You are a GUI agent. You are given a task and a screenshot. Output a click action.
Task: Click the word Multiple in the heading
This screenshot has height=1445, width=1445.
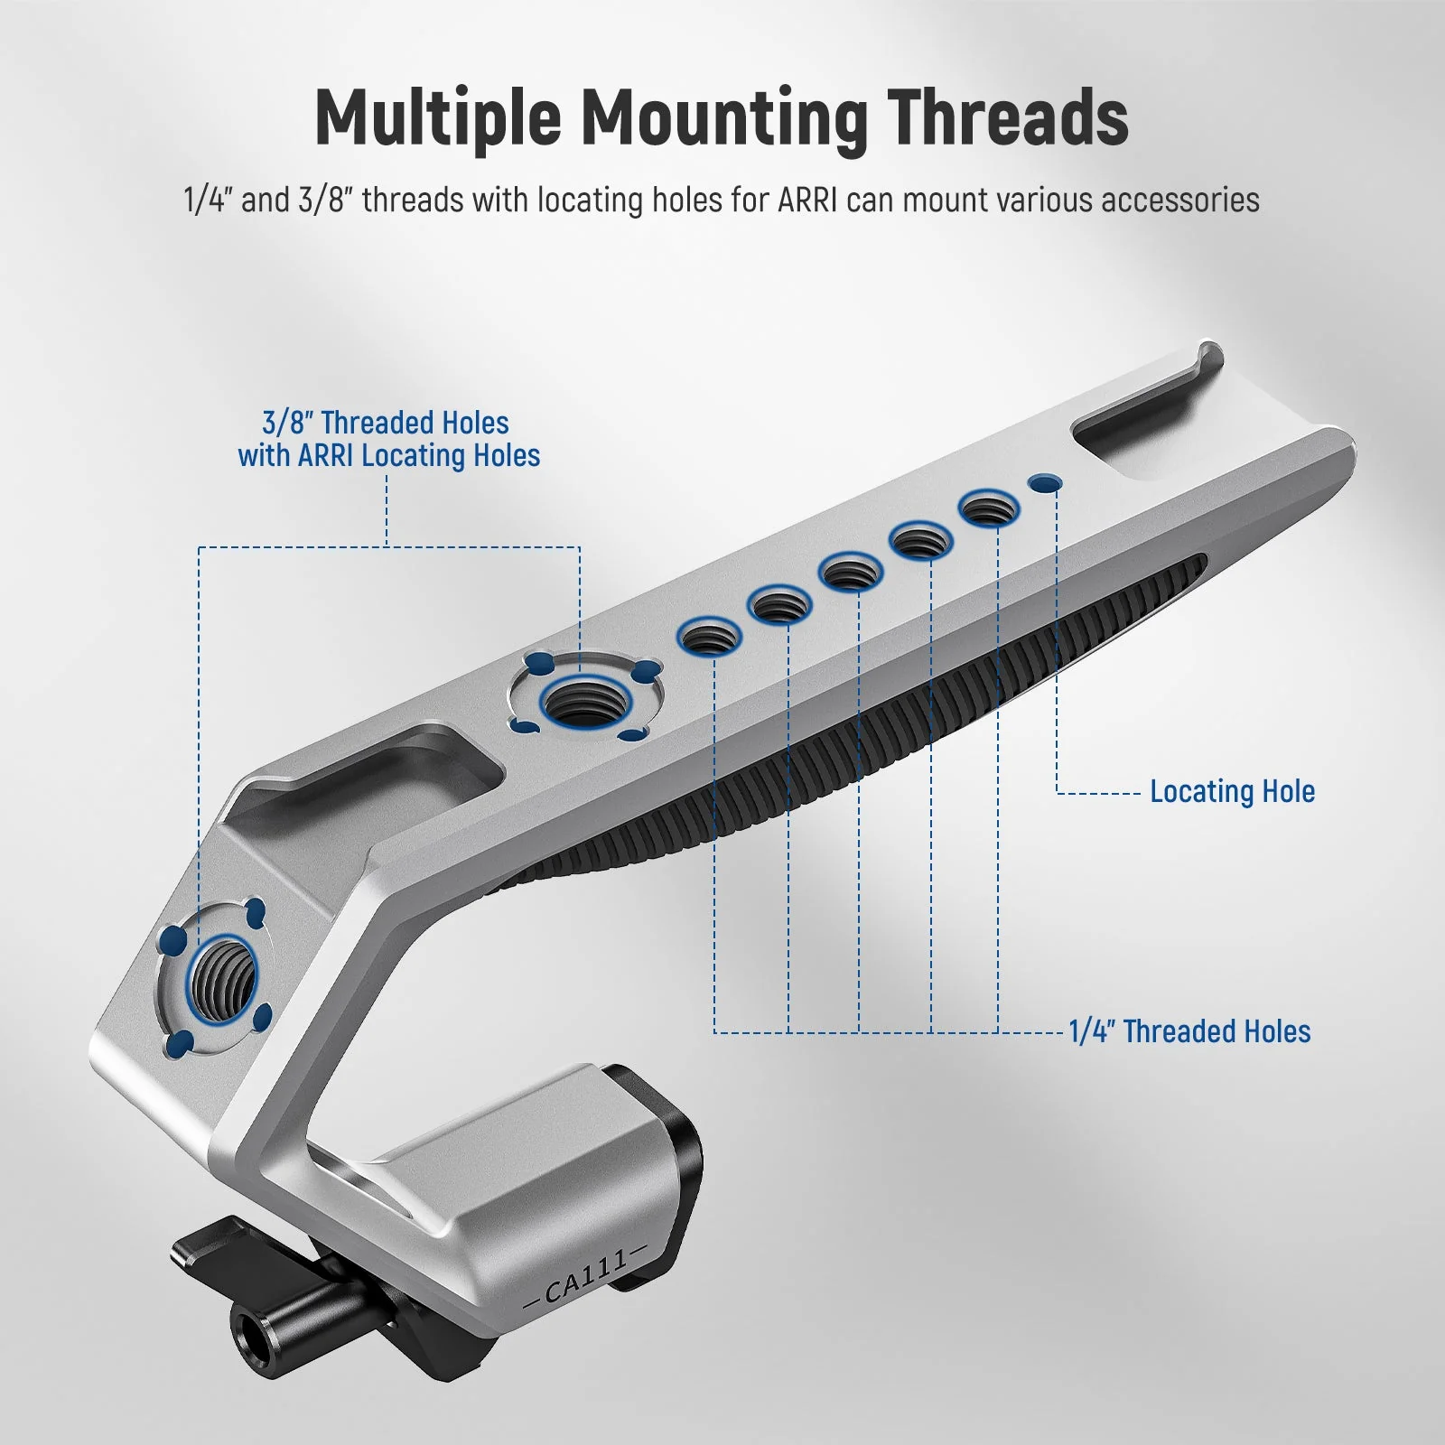click(437, 119)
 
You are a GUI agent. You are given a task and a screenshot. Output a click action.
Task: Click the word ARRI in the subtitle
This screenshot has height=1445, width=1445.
click(809, 200)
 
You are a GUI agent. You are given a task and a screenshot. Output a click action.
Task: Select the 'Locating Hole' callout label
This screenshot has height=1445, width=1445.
click(1232, 792)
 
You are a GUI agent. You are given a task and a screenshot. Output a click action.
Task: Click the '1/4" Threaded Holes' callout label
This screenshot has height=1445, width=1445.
click(1189, 1031)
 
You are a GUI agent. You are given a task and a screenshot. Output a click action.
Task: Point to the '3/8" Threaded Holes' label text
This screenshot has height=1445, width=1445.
click(386, 423)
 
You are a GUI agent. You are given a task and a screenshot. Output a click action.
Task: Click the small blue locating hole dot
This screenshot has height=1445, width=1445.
click(1046, 483)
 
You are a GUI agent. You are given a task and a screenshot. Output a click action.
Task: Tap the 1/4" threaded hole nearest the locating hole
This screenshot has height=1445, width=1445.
click(988, 509)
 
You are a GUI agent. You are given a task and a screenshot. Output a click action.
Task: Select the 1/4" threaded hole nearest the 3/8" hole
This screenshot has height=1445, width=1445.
click(710, 637)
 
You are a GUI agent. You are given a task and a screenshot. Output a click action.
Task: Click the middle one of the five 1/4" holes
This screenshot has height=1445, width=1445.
click(851, 572)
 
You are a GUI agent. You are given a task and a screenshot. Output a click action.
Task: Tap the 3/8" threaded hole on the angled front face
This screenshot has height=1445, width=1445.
click(221, 979)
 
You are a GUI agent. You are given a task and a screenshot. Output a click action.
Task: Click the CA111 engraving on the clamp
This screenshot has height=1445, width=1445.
click(586, 1276)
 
